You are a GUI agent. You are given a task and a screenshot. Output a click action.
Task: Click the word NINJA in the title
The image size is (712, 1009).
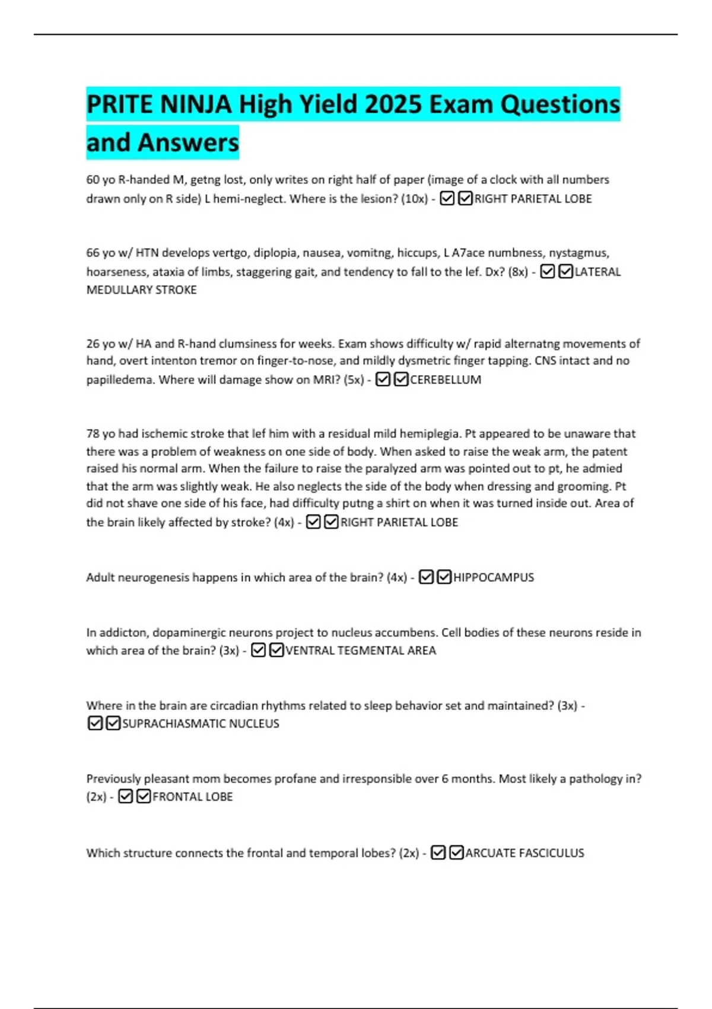(195, 104)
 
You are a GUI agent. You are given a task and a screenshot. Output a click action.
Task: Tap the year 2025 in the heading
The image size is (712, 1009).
(393, 104)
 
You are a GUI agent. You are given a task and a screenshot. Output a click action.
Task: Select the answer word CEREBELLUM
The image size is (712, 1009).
(445, 380)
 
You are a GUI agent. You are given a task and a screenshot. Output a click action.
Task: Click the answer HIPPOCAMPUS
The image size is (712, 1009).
(493, 578)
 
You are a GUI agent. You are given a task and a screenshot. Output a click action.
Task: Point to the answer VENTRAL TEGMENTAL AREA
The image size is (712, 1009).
(360, 651)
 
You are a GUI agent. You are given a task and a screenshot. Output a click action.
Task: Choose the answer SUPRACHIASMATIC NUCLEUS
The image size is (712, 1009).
(201, 724)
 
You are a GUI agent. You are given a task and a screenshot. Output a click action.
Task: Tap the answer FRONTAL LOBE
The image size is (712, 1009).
(192, 797)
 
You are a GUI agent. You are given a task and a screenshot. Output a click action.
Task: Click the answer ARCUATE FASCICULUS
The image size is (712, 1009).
(525, 853)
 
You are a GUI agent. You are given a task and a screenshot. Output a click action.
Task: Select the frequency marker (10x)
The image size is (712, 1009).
(414, 199)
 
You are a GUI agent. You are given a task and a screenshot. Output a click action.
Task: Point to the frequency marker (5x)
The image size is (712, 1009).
(354, 380)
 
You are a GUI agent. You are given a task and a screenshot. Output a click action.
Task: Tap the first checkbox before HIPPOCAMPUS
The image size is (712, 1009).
(426, 577)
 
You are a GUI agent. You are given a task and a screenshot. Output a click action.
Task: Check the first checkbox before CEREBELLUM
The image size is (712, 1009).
(383, 379)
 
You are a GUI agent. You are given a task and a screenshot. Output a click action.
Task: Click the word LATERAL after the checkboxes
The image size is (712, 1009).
(597, 272)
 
